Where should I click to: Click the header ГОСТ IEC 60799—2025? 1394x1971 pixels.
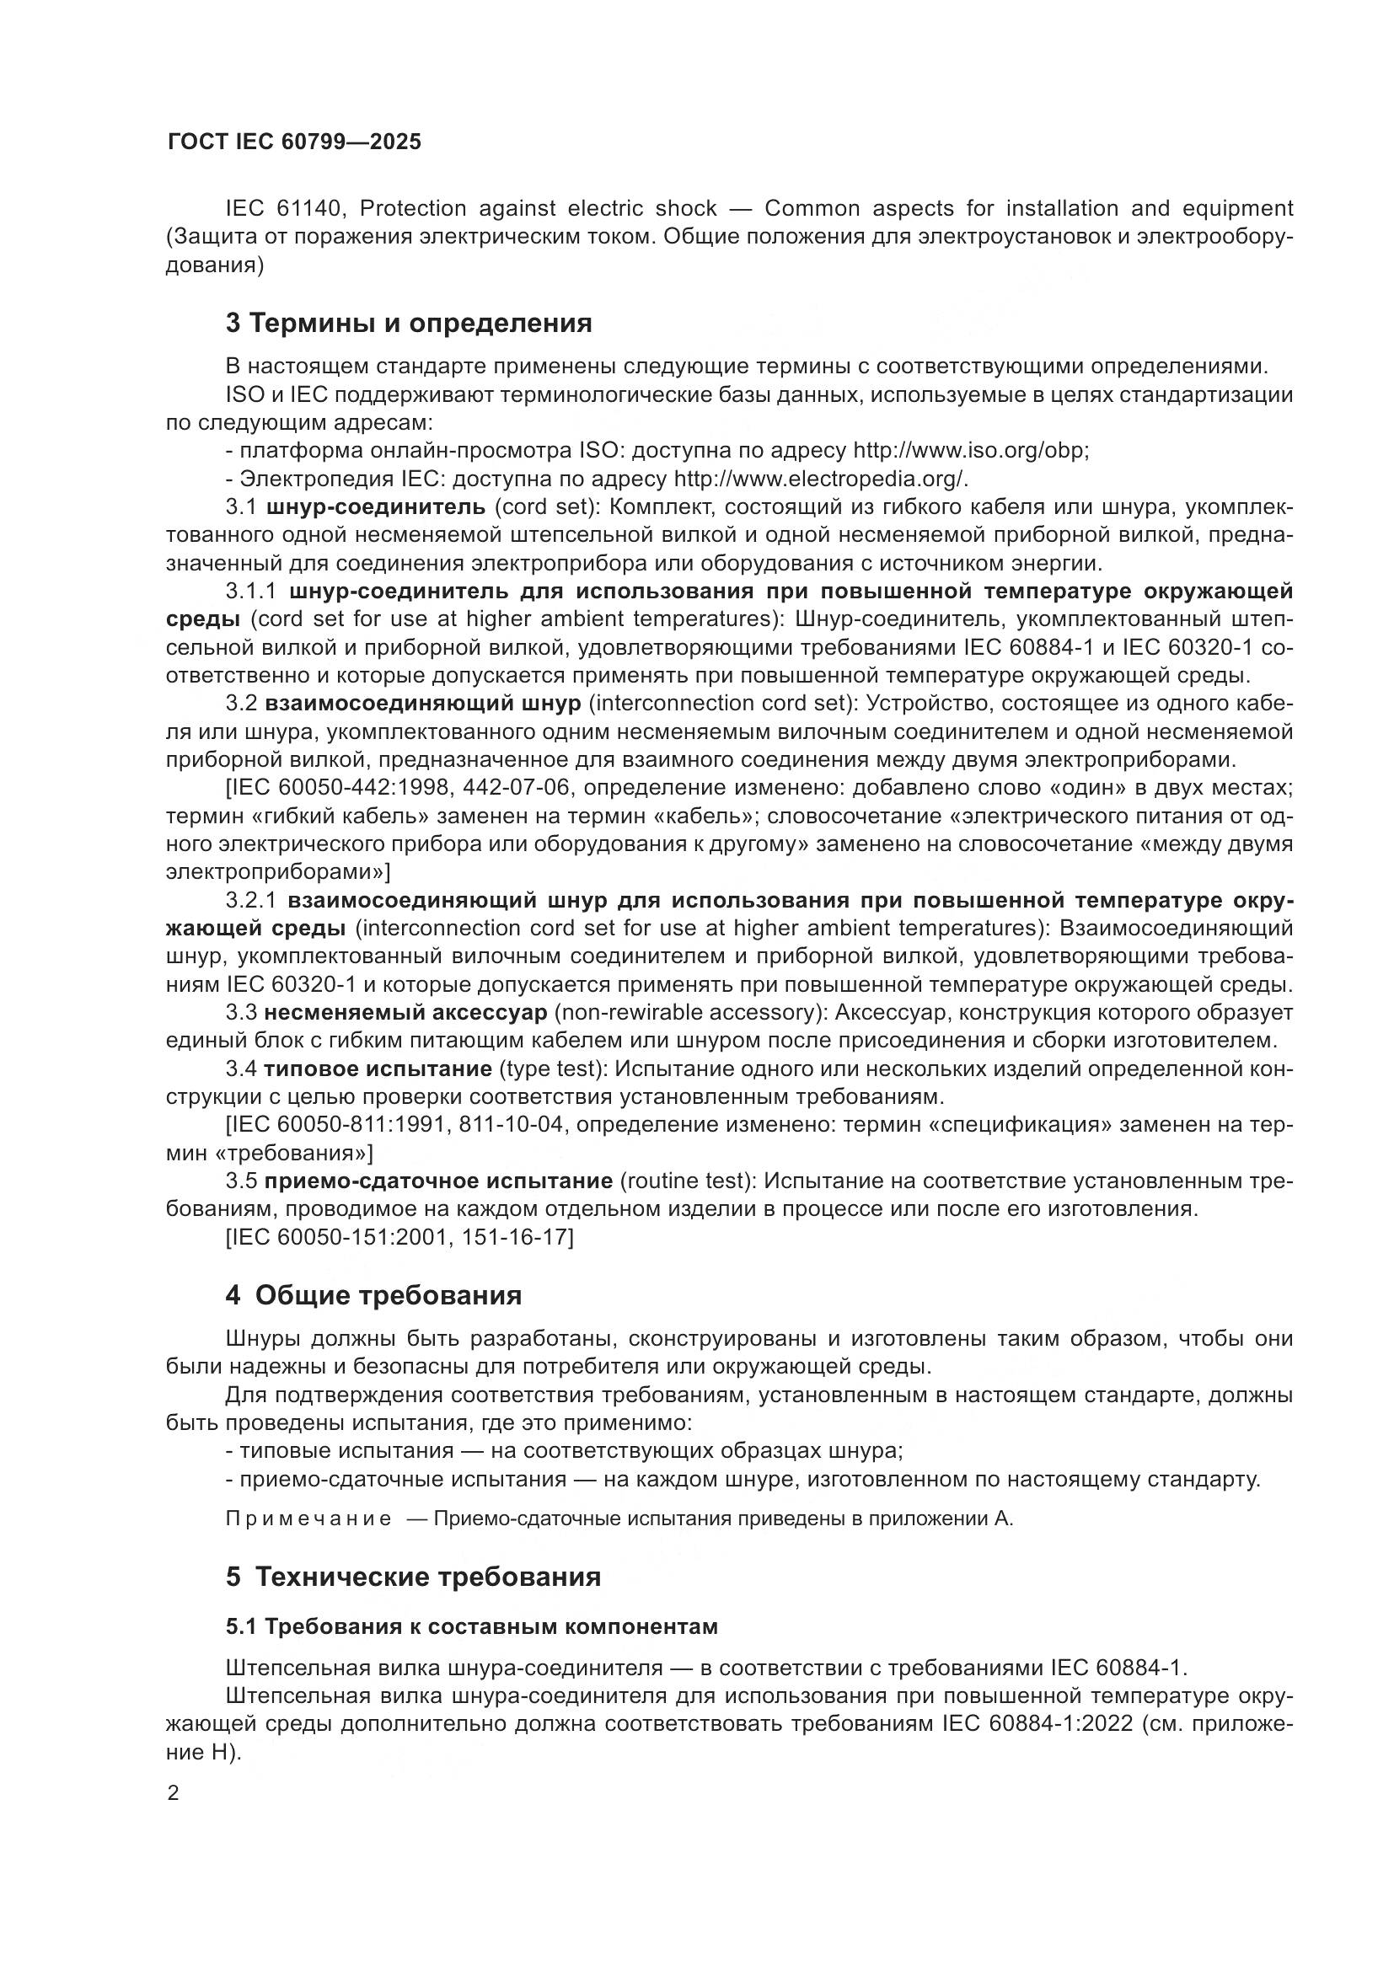[294, 142]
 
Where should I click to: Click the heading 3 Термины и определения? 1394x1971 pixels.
[409, 324]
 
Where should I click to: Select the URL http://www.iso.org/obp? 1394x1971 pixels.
[969, 451]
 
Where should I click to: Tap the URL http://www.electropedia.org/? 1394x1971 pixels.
[821, 479]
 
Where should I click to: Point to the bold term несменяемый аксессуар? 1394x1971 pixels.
[405, 1013]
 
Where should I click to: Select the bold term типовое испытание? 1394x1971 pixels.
[378, 1069]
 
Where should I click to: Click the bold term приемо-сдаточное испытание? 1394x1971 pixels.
[437, 1181]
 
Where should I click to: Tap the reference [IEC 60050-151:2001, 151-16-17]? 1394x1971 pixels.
[399, 1238]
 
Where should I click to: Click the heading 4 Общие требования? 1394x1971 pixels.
[373, 1295]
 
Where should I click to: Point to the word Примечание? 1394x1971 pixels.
[308, 1519]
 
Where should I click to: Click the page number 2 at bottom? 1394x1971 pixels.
[174, 1793]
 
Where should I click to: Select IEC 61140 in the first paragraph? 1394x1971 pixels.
[285, 209]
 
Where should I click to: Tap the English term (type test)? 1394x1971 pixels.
[552, 1069]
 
